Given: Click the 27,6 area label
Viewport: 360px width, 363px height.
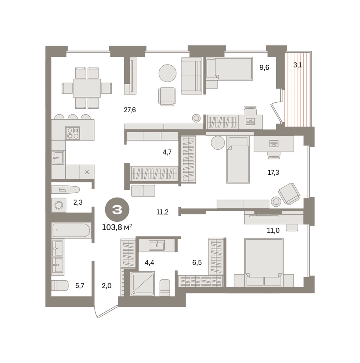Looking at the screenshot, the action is pyautogui.click(x=130, y=110).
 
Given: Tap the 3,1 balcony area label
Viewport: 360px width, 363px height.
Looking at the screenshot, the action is pyautogui.click(x=298, y=65).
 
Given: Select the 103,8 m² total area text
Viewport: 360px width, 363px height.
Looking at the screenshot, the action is pyautogui.click(x=117, y=227).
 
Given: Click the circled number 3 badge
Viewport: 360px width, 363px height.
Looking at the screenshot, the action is pyautogui.click(x=117, y=210).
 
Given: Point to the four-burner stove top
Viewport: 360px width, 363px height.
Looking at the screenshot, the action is pyautogui.click(x=73, y=133).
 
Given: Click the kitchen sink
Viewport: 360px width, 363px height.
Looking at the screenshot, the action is pyautogui.click(x=58, y=157).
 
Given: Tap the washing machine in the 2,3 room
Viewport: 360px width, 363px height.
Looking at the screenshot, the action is pyautogui.click(x=59, y=205).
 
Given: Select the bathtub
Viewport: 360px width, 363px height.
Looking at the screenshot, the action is pyautogui.click(x=71, y=230).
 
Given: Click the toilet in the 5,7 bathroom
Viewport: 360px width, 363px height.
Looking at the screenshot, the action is pyautogui.click(x=59, y=285).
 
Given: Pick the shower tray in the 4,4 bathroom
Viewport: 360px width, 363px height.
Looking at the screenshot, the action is pyautogui.click(x=142, y=284).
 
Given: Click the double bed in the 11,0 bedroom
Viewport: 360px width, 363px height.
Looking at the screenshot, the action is pyautogui.click(x=264, y=262).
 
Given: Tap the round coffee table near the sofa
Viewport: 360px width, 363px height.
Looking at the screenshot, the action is pyautogui.click(x=167, y=73).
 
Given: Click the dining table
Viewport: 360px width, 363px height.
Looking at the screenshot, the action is pyautogui.click(x=87, y=88).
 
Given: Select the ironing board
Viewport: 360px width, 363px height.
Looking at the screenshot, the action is pyautogui.click(x=65, y=190).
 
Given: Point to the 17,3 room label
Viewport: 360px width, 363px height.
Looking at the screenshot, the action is pyautogui.click(x=273, y=172).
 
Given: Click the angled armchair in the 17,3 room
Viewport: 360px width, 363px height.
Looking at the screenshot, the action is pyautogui.click(x=289, y=194).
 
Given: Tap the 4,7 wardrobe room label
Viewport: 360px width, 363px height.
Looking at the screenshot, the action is pyautogui.click(x=167, y=152).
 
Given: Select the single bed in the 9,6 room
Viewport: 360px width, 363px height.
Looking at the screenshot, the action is pyautogui.click(x=229, y=69).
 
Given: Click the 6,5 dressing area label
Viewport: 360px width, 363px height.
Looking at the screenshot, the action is pyautogui.click(x=197, y=263).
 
